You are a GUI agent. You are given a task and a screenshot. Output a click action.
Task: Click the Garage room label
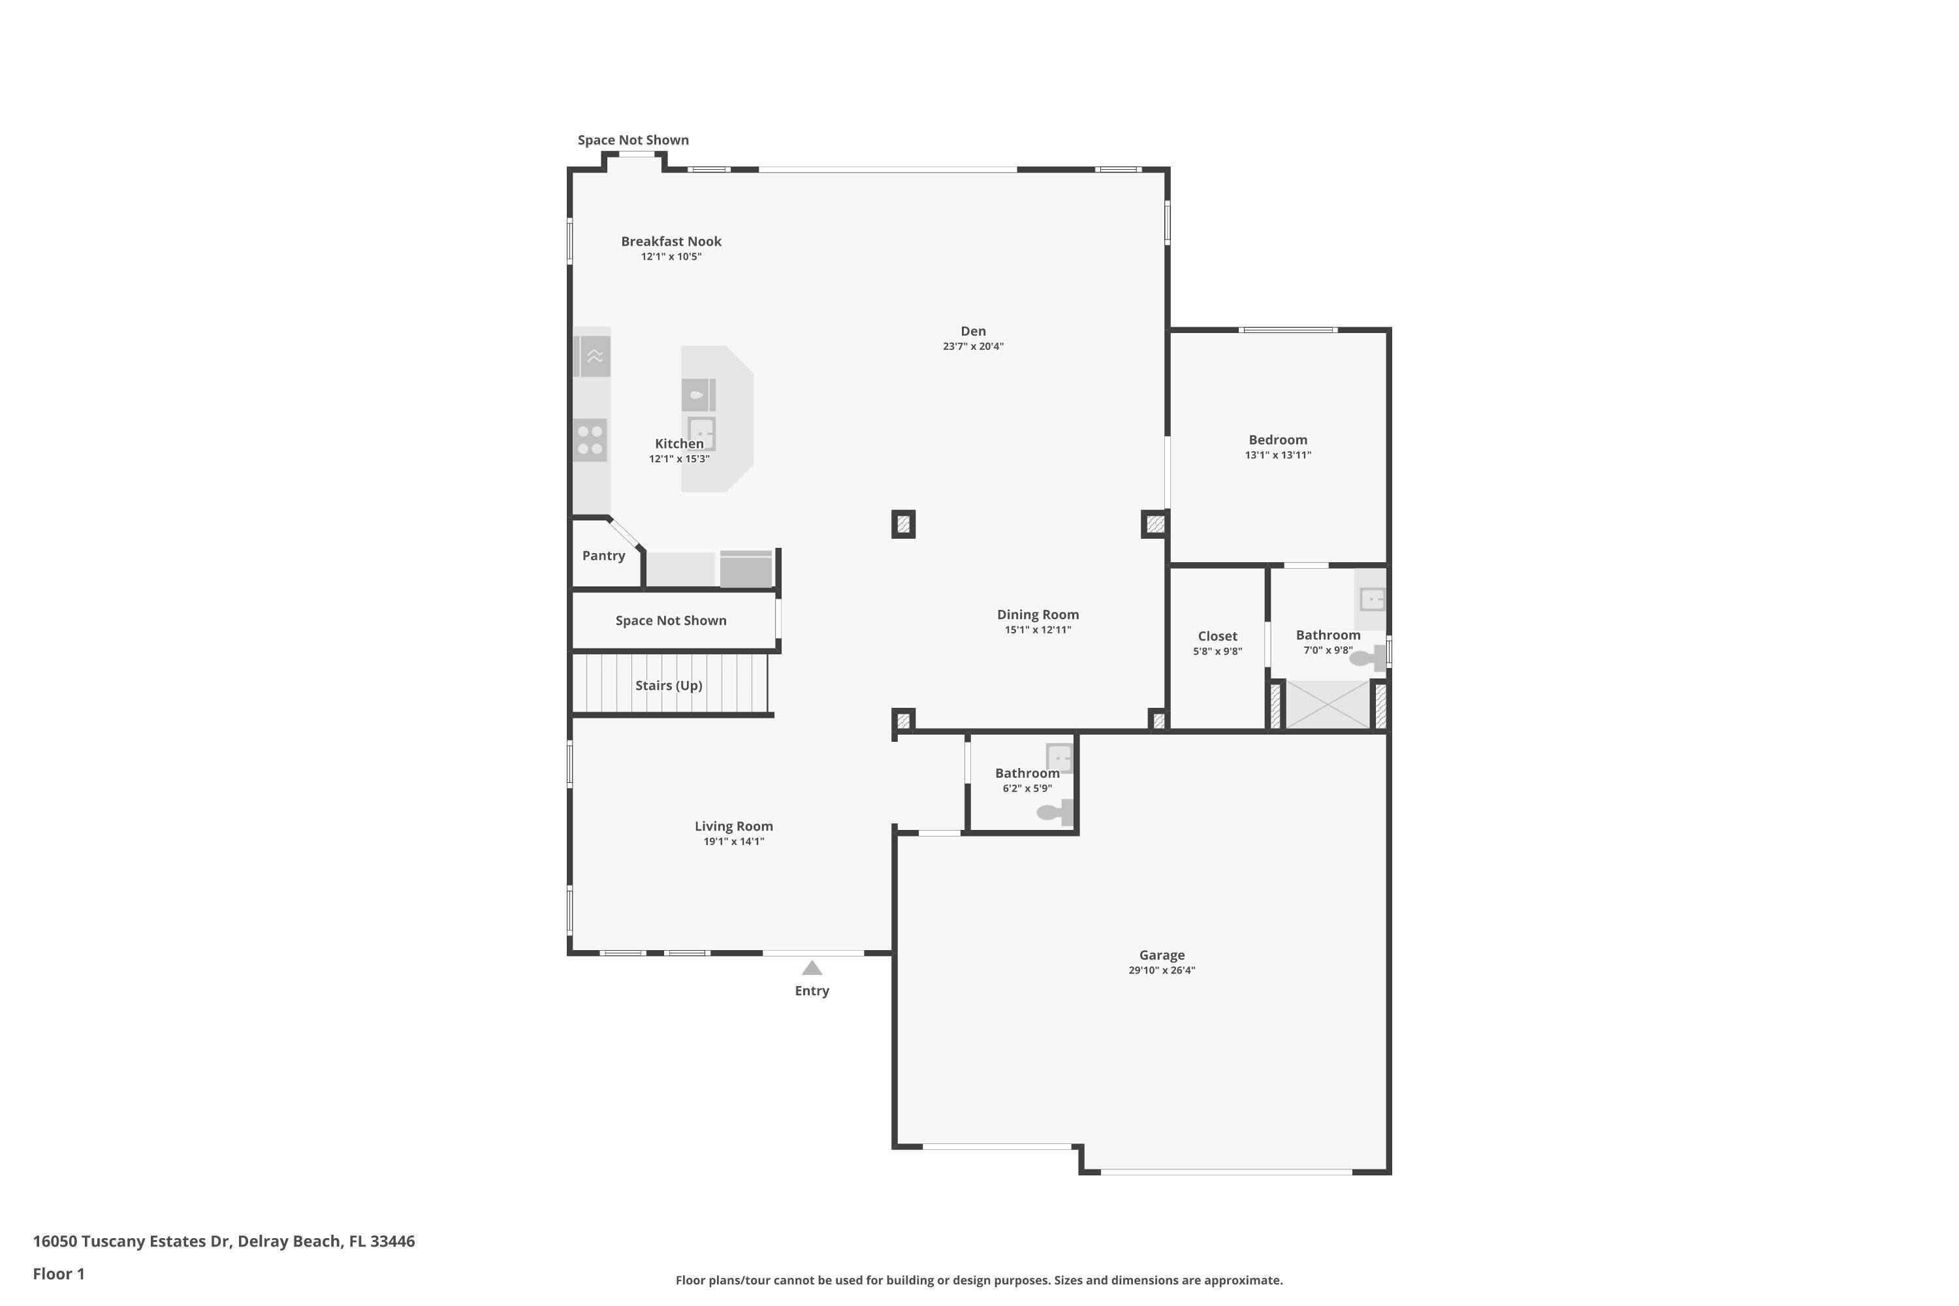[x=1161, y=955]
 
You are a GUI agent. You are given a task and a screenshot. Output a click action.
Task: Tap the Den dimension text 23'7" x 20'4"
[x=973, y=347]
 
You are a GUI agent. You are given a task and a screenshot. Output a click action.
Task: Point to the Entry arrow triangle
[x=812, y=968]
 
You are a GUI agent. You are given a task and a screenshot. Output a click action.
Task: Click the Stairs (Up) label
[x=668, y=686]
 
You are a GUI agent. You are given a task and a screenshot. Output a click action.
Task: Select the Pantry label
[x=603, y=556]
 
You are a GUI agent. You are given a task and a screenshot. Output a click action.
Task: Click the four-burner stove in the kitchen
[x=590, y=441]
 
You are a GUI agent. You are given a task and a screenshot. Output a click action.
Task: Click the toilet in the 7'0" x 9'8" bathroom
[x=1366, y=658]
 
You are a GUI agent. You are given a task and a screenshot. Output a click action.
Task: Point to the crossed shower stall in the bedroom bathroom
[x=1328, y=705]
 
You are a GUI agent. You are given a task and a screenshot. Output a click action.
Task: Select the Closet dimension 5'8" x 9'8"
[x=1217, y=651]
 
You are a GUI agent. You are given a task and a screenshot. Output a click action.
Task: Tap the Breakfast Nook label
[x=671, y=242]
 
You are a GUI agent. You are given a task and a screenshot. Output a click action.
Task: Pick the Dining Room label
[x=1037, y=614]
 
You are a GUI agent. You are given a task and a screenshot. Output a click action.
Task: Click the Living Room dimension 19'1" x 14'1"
[x=733, y=841]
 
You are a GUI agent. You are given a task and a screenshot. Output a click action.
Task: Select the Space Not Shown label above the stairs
[x=671, y=620]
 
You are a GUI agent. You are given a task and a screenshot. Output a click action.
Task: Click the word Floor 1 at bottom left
[x=58, y=1273]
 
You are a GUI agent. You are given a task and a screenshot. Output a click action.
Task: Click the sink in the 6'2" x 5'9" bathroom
[x=1059, y=758]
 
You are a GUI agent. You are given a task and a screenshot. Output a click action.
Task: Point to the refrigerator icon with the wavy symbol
[x=595, y=357]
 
